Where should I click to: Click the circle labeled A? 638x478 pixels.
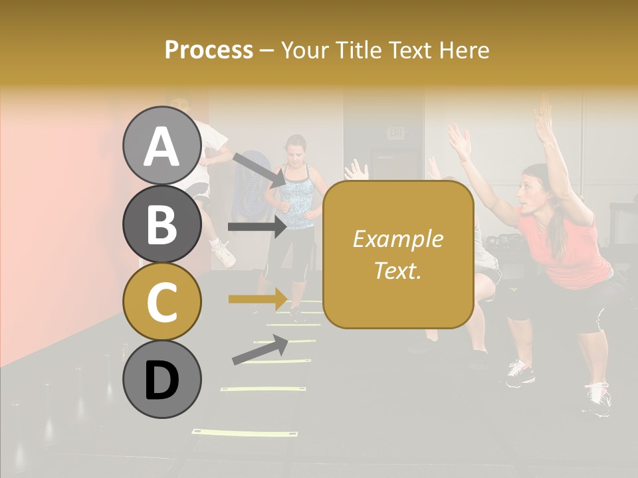[x=161, y=145]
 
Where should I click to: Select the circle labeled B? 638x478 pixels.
[x=161, y=224]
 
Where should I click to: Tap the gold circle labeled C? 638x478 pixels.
[x=161, y=301]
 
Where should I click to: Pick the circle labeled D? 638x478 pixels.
[x=161, y=379]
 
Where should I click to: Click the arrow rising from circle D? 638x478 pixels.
[x=260, y=350]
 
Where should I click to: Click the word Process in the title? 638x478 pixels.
[x=209, y=50]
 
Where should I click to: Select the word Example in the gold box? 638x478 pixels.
[x=397, y=239]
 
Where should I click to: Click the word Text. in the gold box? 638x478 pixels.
[x=397, y=270]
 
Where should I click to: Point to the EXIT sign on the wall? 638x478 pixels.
[x=396, y=133]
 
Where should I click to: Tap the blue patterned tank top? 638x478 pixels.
[x=297, y=196]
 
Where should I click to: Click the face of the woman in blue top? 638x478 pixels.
[x=296, y=149]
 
